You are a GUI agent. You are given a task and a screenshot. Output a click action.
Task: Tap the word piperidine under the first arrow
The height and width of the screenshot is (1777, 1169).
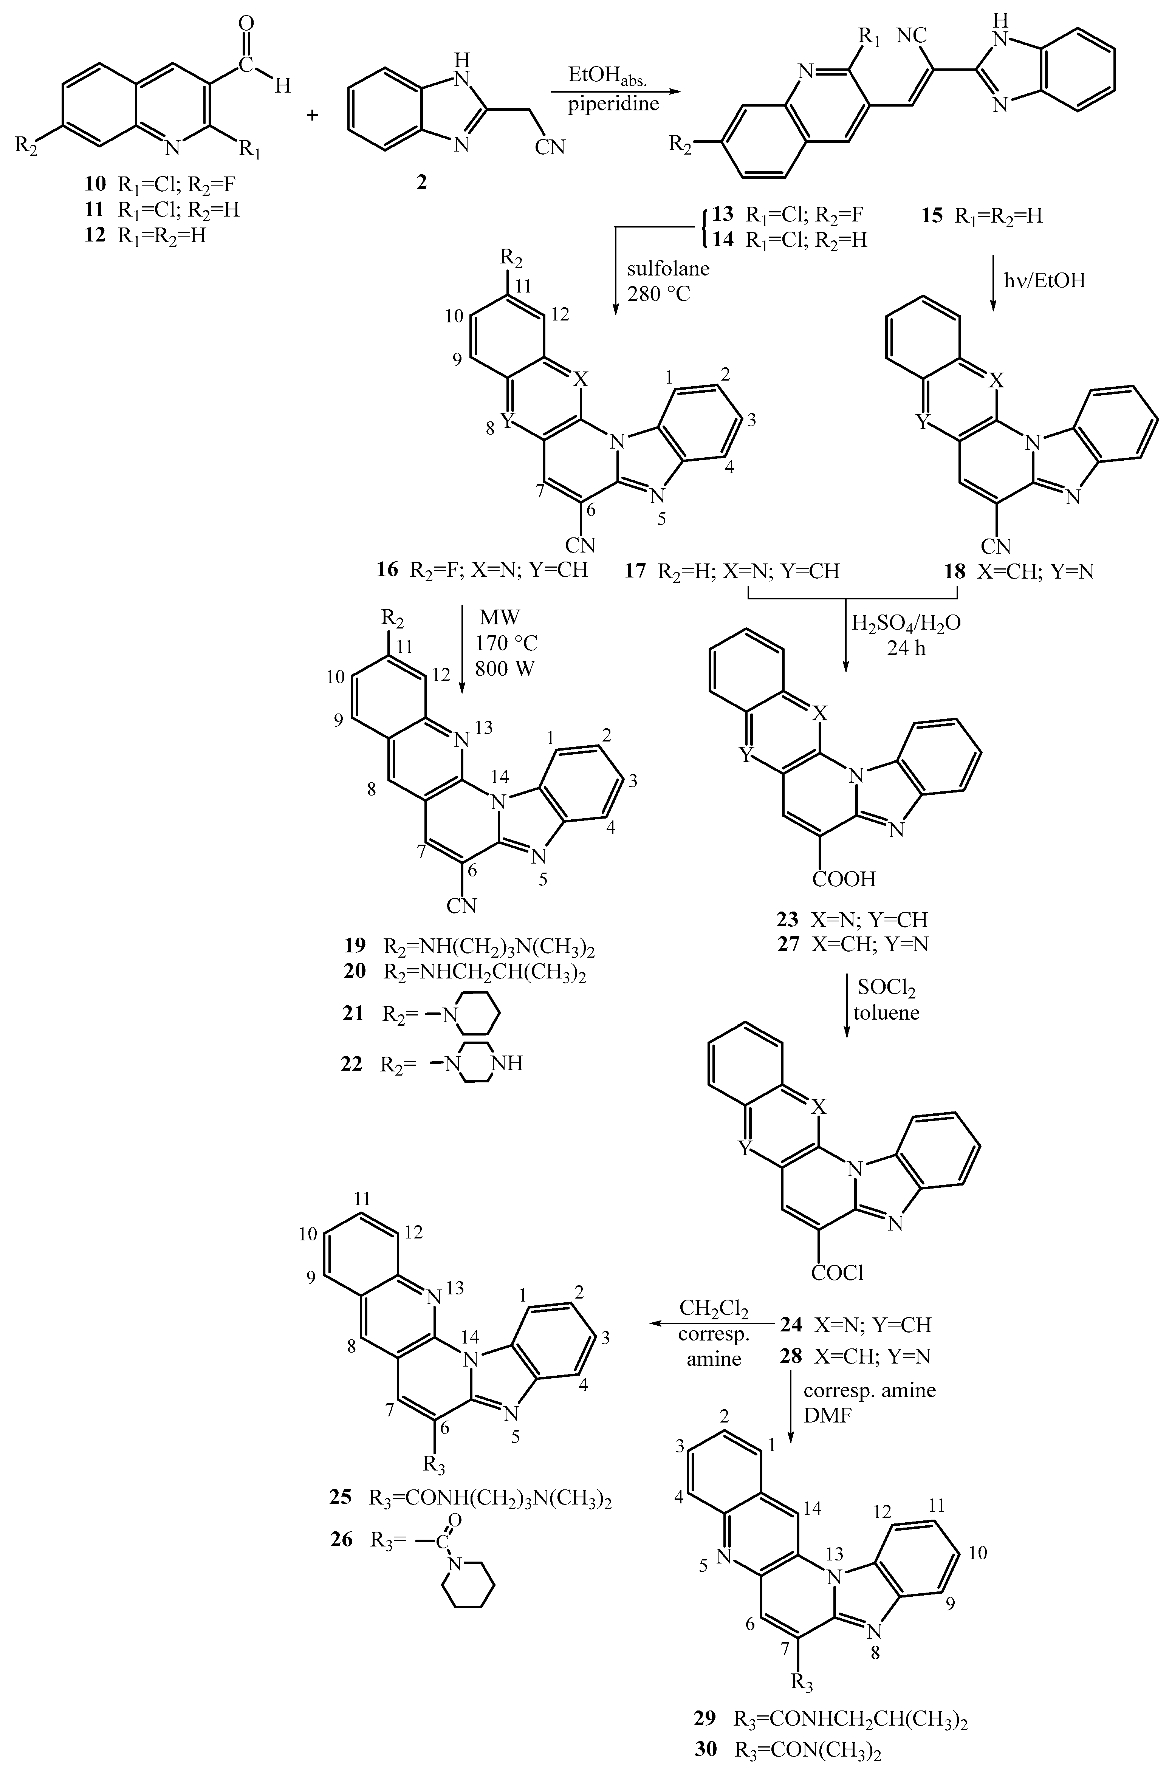[614, 104]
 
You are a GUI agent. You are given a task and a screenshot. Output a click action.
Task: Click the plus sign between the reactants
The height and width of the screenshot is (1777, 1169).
[312, 115]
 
